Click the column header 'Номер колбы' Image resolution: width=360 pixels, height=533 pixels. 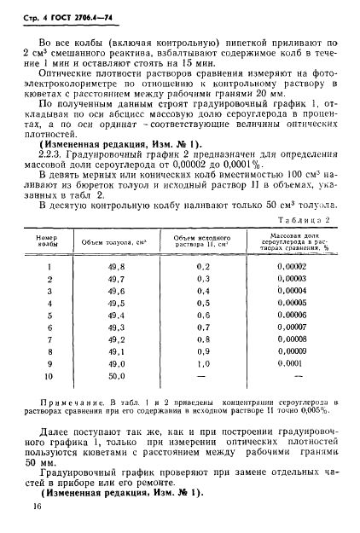[48, 240]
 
